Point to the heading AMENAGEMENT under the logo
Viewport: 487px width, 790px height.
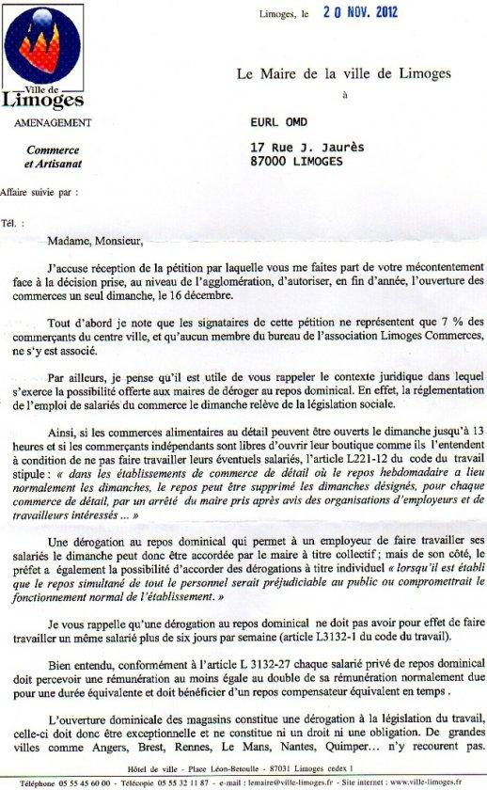53,123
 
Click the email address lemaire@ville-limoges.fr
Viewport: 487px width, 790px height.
279,781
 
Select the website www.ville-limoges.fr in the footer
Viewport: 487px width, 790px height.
432,781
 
